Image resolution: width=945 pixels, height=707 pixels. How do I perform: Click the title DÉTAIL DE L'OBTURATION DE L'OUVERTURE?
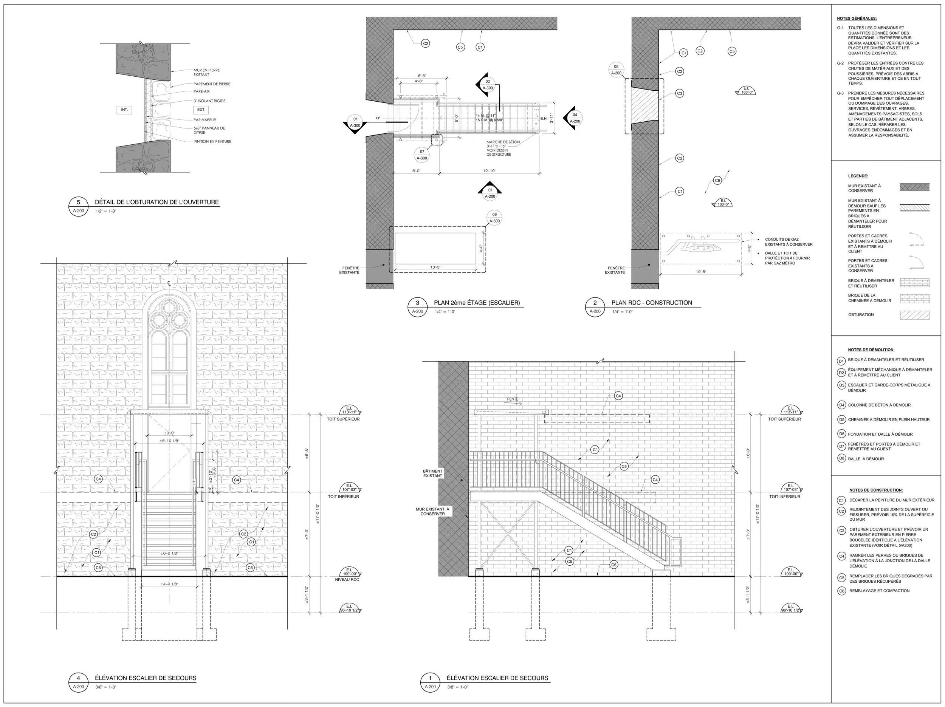pyautogui.click(x=156, y=202)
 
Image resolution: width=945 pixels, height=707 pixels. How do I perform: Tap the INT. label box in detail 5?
pyautogui.click(x=124, y=110)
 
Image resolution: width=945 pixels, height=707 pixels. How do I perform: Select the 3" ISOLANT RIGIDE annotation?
pyautogui.click(x=209, y=101)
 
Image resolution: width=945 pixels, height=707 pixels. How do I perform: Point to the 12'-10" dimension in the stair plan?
pyautogui.click(x=489, y=171)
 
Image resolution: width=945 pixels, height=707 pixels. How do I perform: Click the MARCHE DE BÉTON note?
pyautogui.click(x=503, y=148)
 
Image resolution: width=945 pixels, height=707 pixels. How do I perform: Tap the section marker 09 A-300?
pyautogui.click(x=494, y=218)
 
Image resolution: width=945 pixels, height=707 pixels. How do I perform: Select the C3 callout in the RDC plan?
pyautogui.click(x=679, y=93)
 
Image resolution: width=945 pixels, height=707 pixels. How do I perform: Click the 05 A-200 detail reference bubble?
pyautogui.click(x=616, y=70)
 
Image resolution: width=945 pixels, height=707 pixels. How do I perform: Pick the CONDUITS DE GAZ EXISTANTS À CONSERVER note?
pyautogui.click(x=789, y=242)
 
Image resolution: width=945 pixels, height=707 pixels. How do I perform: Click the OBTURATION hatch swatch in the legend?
pyautogui.click(x=914, y=315)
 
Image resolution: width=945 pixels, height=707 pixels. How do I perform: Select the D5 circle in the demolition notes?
pyautogui.click(x=841, y=419)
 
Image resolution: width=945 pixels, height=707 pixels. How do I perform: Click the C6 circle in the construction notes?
pyautogui.click(x=841, y=591)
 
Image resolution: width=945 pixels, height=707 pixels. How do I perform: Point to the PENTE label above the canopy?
pyautogui.click(x=512, y=399)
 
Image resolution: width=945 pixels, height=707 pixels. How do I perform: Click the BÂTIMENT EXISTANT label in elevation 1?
pyautogui.click(x=432, y=473)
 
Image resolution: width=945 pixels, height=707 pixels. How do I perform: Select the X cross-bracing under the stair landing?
pyautogui.click(x=507, y=534)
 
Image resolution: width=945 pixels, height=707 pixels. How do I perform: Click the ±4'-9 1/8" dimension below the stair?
pyautogui.click(x=169, y=584)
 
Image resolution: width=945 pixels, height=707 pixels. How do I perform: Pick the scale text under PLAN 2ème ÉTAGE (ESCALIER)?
pyautogui.click(x=445, y=312)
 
